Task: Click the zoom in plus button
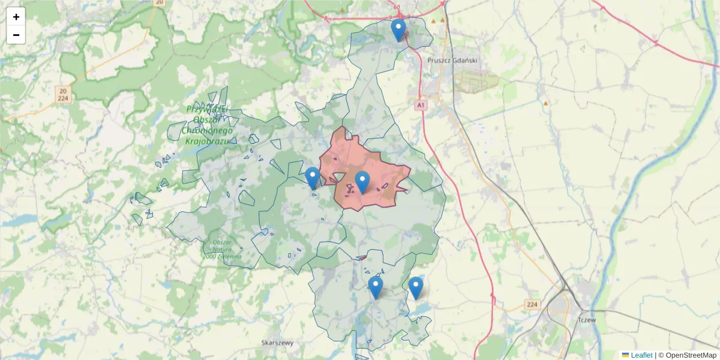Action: [x=16, y=17]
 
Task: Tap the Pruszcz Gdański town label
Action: [x=452, y=60]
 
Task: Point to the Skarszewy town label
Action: [x=277, y=343]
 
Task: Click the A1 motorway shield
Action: [x=421, y=105]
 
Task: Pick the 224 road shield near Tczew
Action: [x=531, y=305]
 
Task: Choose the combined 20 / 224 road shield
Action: [x=63, y=94]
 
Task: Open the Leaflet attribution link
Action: [x=641, y=355]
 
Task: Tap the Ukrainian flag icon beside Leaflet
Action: [x=625, y=355]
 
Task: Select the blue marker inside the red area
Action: [x=362, y=182]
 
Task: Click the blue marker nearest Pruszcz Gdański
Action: [x=398, y=30]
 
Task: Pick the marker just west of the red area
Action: [x=312, y=178]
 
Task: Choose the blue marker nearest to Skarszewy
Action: [x=376, y=287]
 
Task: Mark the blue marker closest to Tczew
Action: [x=415, y=287]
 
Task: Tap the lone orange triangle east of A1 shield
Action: [x=545, y=104]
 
